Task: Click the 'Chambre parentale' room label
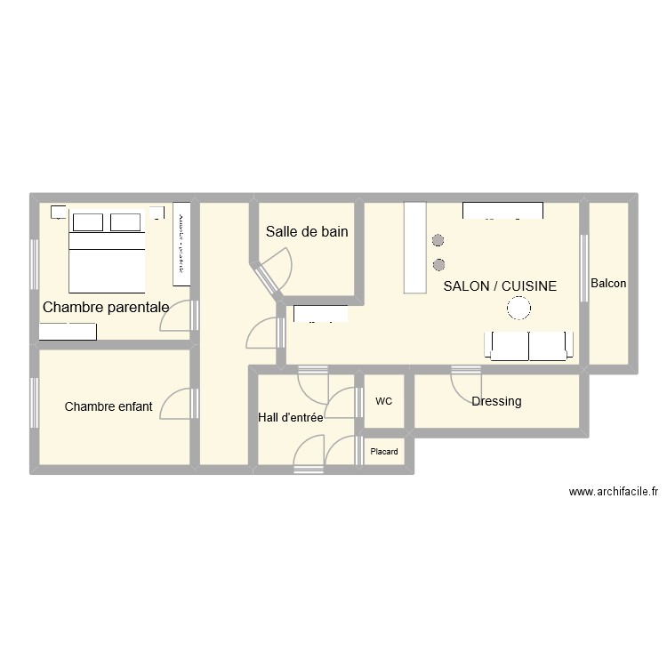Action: [106, 308]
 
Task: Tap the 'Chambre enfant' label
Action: [108, 406]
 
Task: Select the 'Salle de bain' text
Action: [307, 232]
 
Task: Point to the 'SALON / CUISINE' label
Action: [500, 286]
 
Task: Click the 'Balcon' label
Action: [608, 284]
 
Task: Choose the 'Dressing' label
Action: [496, 401]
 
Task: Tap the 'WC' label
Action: [383, 401]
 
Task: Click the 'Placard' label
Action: [384, 452]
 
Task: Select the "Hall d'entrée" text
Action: [290, 416]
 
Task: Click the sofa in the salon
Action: [529, 346]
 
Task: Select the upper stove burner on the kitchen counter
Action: [438, 240]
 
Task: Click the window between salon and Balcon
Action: [584, 258]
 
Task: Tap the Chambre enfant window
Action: [35, 406]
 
